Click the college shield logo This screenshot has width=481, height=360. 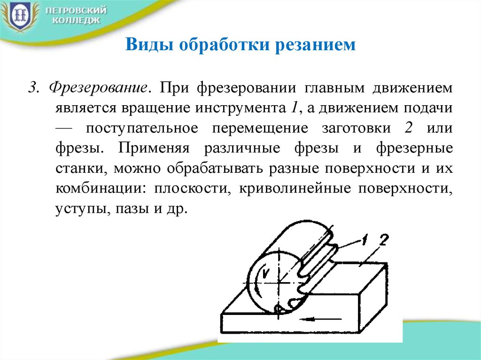click(19, 16)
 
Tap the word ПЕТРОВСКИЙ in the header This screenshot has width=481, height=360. click(76, 11)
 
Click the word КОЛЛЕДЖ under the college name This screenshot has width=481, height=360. click(76, 21)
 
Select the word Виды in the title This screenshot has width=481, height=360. click(149, 45)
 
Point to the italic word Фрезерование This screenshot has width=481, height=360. click(98, 88)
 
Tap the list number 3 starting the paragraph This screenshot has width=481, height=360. click(33, 88)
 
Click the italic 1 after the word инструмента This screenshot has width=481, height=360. click(294, 108)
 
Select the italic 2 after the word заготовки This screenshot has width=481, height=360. click(408, 128)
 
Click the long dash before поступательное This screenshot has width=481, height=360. click(64, 129)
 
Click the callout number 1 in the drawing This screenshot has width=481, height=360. click(364, 239)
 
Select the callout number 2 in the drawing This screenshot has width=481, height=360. click(384, 239)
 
